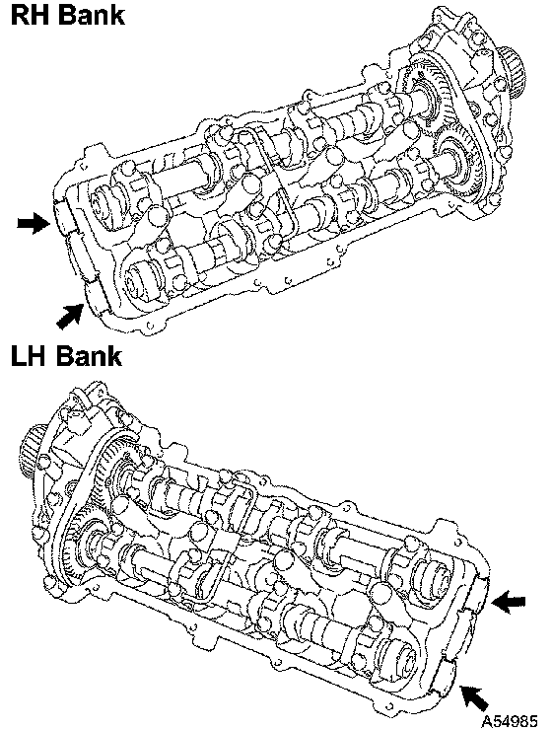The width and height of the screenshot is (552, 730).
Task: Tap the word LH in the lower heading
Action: (29, 356)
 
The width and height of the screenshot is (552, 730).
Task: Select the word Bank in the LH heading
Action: (89, 356)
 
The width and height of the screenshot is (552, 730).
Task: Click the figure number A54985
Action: (510, 721)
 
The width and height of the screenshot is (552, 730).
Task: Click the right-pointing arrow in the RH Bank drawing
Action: (34, 224)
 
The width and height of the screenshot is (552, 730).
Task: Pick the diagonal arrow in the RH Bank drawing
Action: (70, 316)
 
